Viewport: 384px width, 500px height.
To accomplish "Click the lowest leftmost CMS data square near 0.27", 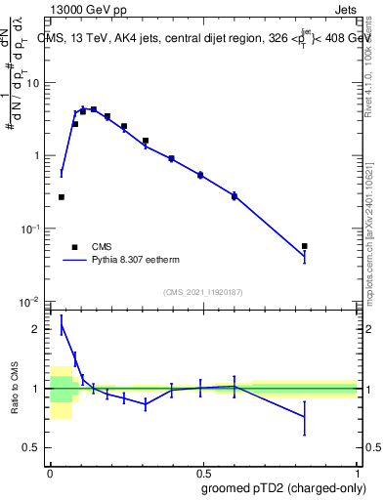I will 62,197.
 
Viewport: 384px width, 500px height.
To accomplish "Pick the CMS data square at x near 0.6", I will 235,197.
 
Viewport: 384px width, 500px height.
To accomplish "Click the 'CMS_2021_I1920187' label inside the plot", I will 202,292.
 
